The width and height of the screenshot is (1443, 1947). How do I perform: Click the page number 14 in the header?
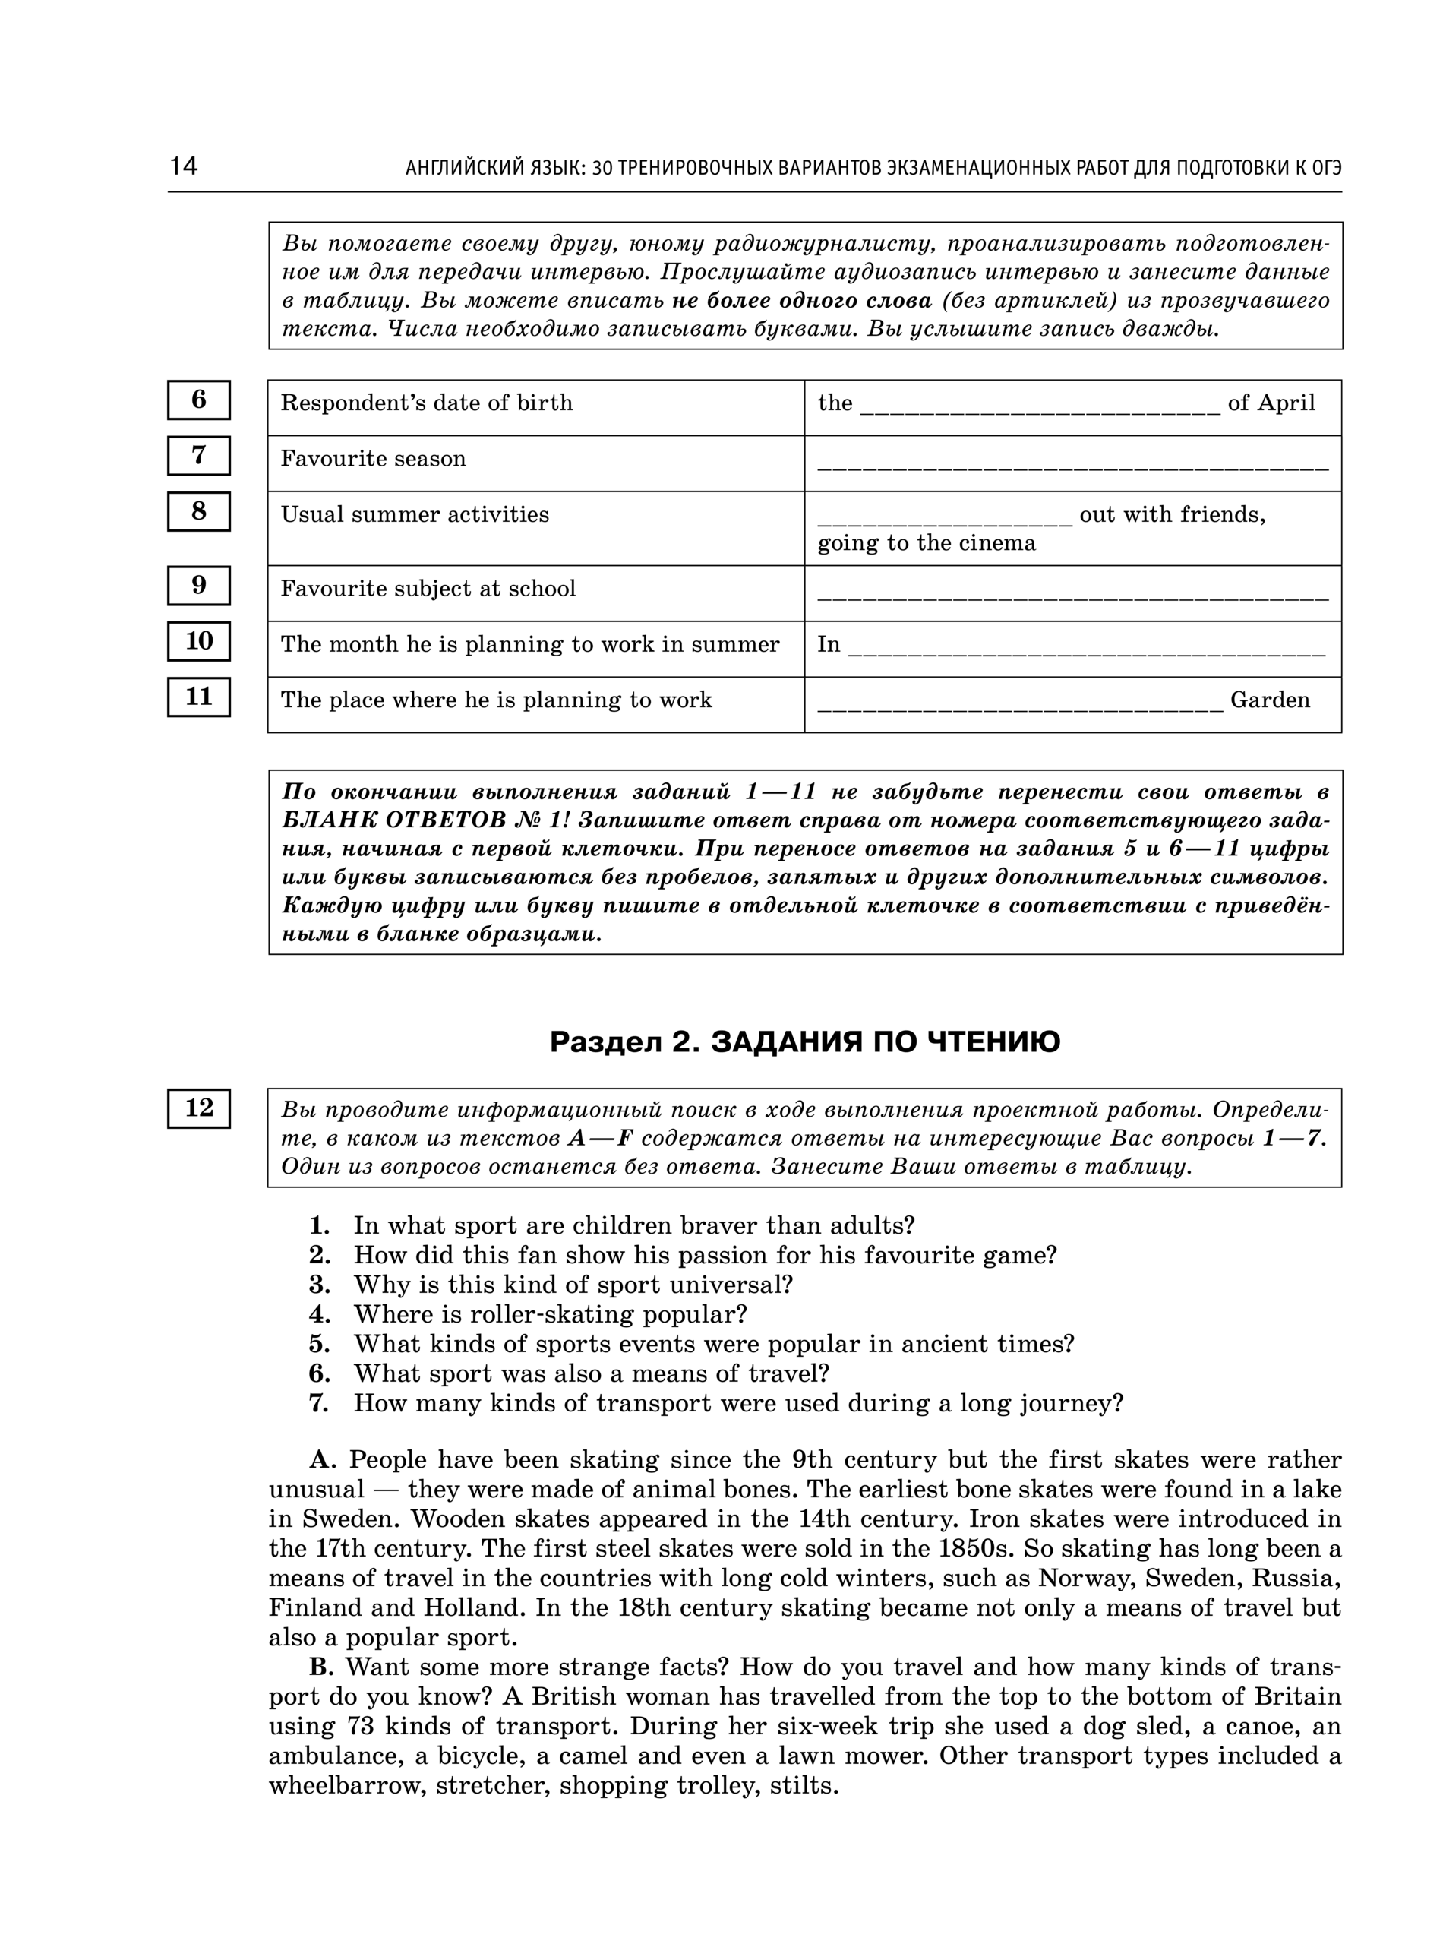pyautogui.click(x=184, y=166)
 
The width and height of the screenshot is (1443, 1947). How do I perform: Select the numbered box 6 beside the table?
pyautogui.click(x=199, y=400)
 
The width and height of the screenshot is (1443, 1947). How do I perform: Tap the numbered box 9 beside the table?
pyautogui.click(x=199, y=585)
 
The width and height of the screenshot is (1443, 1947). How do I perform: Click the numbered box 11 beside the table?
pyautogui.click(x=199, y=697)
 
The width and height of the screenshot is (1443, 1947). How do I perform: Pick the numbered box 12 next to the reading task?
pyautogui.click(x=199, y=1108)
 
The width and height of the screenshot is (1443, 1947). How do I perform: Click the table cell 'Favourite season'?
pyautogui.click(x=373, y=460)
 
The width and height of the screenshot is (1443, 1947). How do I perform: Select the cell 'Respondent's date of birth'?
pyautogui.click(x=426, y=403)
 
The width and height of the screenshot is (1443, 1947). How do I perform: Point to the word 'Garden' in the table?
pyautogui.click(x=1270, y=700)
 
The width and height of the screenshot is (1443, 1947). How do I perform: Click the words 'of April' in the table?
pyautogui.click(x=1271, y=403)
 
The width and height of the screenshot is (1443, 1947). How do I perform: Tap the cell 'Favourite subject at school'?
pyautogui.click(x=428, y=589)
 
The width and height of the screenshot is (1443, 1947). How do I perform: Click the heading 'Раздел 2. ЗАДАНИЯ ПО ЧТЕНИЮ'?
pyautogui.click(x=804, y=1042)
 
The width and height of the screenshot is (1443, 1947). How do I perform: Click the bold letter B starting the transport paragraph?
pyautogui.click(x=320, y=1667)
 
